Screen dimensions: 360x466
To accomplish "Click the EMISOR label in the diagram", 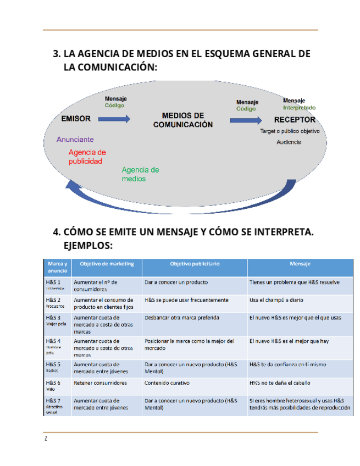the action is pyautogui.click(x=76, y=119).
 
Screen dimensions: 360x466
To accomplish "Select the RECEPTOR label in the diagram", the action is pyautogui.click(x=295, y=120).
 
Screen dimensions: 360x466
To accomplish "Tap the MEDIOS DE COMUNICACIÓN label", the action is pyautogui.click(x=182, y=120).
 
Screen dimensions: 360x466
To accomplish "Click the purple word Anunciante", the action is pyautogui.click(x=75, y=139).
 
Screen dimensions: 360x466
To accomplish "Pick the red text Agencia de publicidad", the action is pyautogui.click(x=87, y=157).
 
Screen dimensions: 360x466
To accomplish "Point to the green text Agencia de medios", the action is pyautogui.click(x=140, y=174).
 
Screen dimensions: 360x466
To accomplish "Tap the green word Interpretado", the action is pyautogui.click(x=299, y=108).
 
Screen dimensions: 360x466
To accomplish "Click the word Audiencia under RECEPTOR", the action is pyautogui.click(x=289, y=142).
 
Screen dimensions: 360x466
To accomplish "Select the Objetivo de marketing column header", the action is pyautogui.click(x=107, y=264).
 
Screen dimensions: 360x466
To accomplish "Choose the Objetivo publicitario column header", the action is pyautogui.click(x=195, y=264).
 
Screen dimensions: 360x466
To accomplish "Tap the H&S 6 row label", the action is pyautogui.click(x=53, y=382).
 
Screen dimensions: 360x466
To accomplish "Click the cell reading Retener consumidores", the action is pyautogui.click(x=100, y=383).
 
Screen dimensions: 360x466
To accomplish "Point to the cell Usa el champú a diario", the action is pyautogui.click(x=276, y=300).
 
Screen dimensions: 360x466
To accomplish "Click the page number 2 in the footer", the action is pyautogui.click(x=46, y=439).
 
